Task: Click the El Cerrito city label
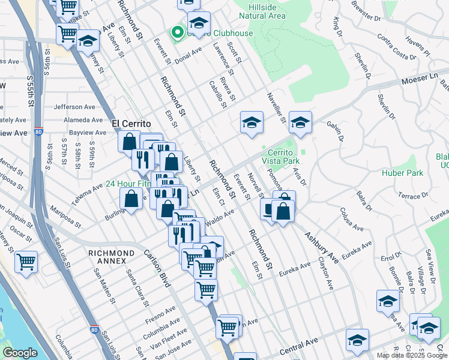tap(131, 123)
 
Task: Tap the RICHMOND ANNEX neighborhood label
tap(111, 257)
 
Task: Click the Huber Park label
tap(402, 173)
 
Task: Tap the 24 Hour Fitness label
tap(129, 184)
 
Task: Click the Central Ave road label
tap(298, 346)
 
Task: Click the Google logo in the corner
tap(20, 353)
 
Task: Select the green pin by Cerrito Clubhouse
tap(177, 32)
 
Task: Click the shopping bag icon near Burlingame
tap(131, 200)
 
